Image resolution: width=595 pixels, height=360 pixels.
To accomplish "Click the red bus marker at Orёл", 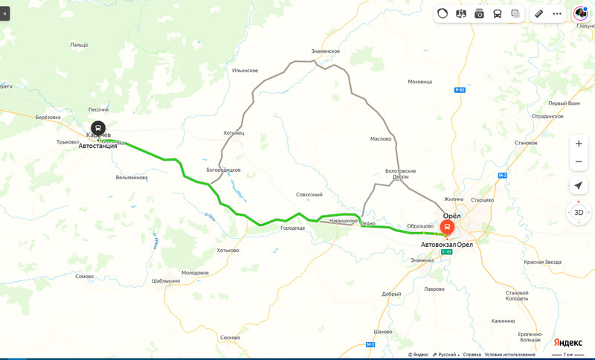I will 448,227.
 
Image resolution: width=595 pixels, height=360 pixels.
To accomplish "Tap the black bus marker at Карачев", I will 98,128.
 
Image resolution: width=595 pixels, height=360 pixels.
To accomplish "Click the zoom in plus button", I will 579,143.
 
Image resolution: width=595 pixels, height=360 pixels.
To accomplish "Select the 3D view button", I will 579,212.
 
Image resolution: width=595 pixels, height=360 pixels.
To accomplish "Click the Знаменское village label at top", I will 325,51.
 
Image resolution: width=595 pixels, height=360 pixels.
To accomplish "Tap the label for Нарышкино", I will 344,221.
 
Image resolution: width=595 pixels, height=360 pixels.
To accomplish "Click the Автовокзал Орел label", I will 446,245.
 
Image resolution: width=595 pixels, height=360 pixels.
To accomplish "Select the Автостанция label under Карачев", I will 98,146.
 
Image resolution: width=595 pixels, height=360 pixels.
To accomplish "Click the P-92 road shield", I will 459,90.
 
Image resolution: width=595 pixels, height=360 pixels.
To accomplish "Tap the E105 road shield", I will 446,252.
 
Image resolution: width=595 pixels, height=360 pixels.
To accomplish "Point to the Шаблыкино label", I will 166,281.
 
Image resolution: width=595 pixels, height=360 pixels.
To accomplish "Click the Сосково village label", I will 231,338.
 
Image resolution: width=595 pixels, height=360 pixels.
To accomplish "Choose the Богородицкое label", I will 224,170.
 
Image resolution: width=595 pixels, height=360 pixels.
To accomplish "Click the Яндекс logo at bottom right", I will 568,342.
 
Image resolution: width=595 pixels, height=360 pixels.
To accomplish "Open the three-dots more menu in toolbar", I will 557,13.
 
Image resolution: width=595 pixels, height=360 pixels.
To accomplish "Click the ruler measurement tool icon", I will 538,13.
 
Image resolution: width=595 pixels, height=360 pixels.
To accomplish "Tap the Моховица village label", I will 420,82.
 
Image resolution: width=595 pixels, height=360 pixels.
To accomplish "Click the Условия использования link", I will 509,355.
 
